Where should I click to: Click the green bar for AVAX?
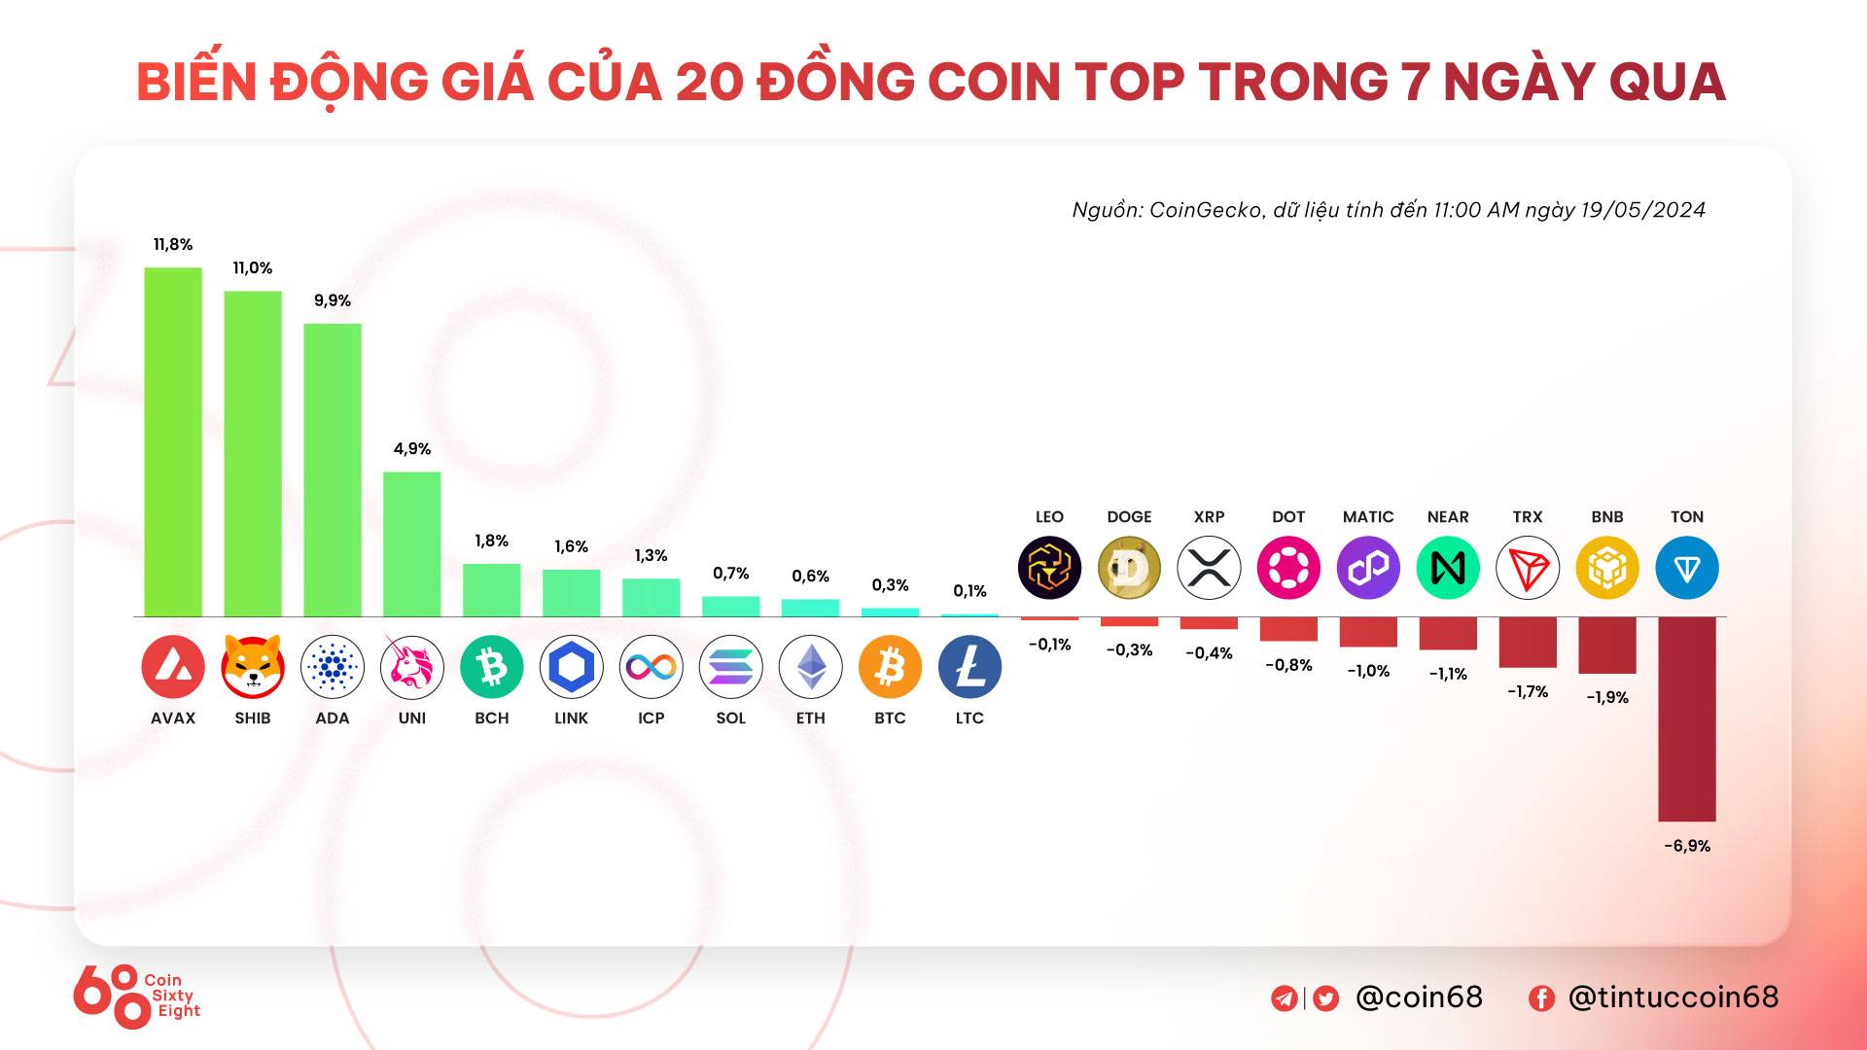[x=173, y=442]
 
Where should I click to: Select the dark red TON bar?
[x=1687, y=719]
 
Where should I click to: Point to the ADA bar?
[x=333, y=471]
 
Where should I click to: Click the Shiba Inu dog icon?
[x=253, y=667]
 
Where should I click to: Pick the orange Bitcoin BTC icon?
[x=890, y=667]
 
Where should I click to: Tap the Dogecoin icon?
[x=1129, y=568]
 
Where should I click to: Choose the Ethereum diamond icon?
[x=810, y=667]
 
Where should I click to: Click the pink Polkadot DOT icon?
[x=1288, y=568]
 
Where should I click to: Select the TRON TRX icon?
[x=1528, y=568]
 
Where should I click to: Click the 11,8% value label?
[x=173, y=245]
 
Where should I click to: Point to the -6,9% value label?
[x=1687, y=846]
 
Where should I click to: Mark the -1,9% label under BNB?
[x=1607, y=697]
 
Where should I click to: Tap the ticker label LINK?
[x=571, y=718]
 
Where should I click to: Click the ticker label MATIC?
[x=1368, y=517]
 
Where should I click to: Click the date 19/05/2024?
[x=1642, y=210]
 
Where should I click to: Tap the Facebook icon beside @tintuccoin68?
[x=1541, y=998]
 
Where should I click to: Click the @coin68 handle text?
[x=1419, y=997]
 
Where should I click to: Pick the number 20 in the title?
[x=708, y=82]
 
